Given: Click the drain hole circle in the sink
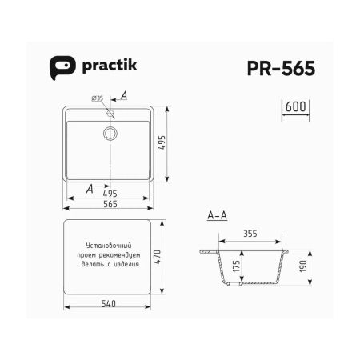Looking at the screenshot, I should point(110,133).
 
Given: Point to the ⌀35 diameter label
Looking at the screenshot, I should point(98,98).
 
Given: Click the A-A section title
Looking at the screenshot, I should point(217,217).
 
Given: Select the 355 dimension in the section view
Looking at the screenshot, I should point(250,234).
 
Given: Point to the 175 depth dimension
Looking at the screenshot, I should point(237,268).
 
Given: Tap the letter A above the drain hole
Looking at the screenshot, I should point(122,95).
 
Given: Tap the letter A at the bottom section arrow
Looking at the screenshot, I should point(90,189).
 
